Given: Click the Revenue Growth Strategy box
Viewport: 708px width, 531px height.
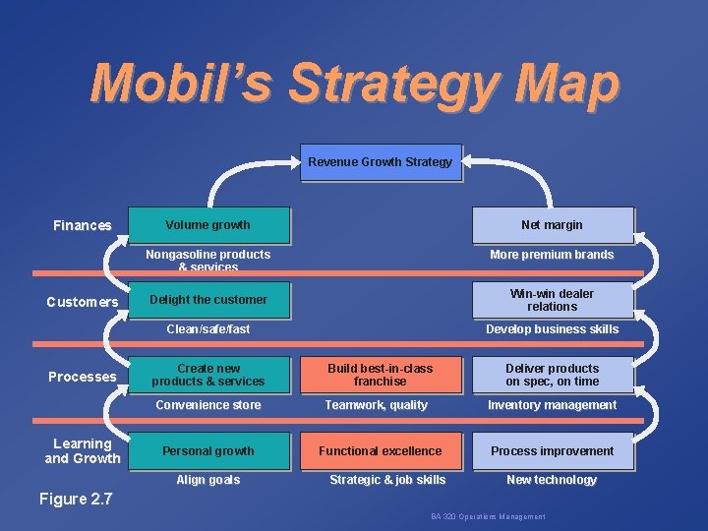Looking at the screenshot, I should (x=380, y=162).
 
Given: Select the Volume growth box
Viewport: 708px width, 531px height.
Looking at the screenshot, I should (x=209, y=225).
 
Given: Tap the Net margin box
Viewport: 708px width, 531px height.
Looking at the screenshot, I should (x=552, y=225).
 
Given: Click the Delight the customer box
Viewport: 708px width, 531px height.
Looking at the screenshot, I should (x=209, y=300).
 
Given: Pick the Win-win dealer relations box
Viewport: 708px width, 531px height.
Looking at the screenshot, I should (x=552, y=300).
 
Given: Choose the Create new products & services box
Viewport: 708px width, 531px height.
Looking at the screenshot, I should (x=209, y=375).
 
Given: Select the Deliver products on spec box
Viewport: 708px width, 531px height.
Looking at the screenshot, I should (x=552, y=375).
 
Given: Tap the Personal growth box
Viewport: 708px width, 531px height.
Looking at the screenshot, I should (x=209, y=451).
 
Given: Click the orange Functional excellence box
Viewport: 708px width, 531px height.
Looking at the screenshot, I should (x=380, y=451).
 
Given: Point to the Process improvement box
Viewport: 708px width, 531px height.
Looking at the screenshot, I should (x=552, y=451).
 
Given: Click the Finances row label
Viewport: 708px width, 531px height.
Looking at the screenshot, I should (x=83, y=226).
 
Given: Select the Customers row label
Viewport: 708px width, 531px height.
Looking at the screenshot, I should (x=83, y=302).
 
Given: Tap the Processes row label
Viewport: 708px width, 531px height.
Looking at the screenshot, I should (x=83, y=377).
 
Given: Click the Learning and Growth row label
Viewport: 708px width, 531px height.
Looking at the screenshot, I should (x=83, y=450).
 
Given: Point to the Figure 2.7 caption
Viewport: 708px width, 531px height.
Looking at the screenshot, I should (x=77, y=499).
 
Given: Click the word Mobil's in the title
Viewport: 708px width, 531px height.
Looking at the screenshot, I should (x=177, y=85).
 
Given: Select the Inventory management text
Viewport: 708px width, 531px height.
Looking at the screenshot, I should (x=552, y=405).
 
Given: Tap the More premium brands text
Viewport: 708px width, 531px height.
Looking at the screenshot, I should (x=552, y=255).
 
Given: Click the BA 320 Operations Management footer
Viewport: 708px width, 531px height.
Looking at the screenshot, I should (x=488, y=517).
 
